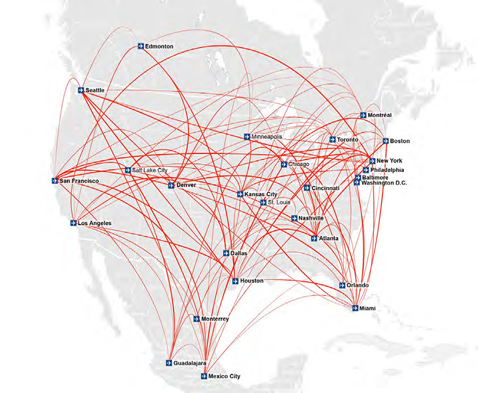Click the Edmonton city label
159,46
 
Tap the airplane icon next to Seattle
81,90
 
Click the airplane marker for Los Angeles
73,224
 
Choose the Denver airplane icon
171,185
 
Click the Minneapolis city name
266,137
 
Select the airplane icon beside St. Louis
263,202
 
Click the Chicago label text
299,164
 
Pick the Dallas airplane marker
226,253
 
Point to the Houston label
252,280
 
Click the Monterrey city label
215,319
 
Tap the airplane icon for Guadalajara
169,363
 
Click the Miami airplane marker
355,308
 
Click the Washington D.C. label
384,182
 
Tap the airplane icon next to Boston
385,141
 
